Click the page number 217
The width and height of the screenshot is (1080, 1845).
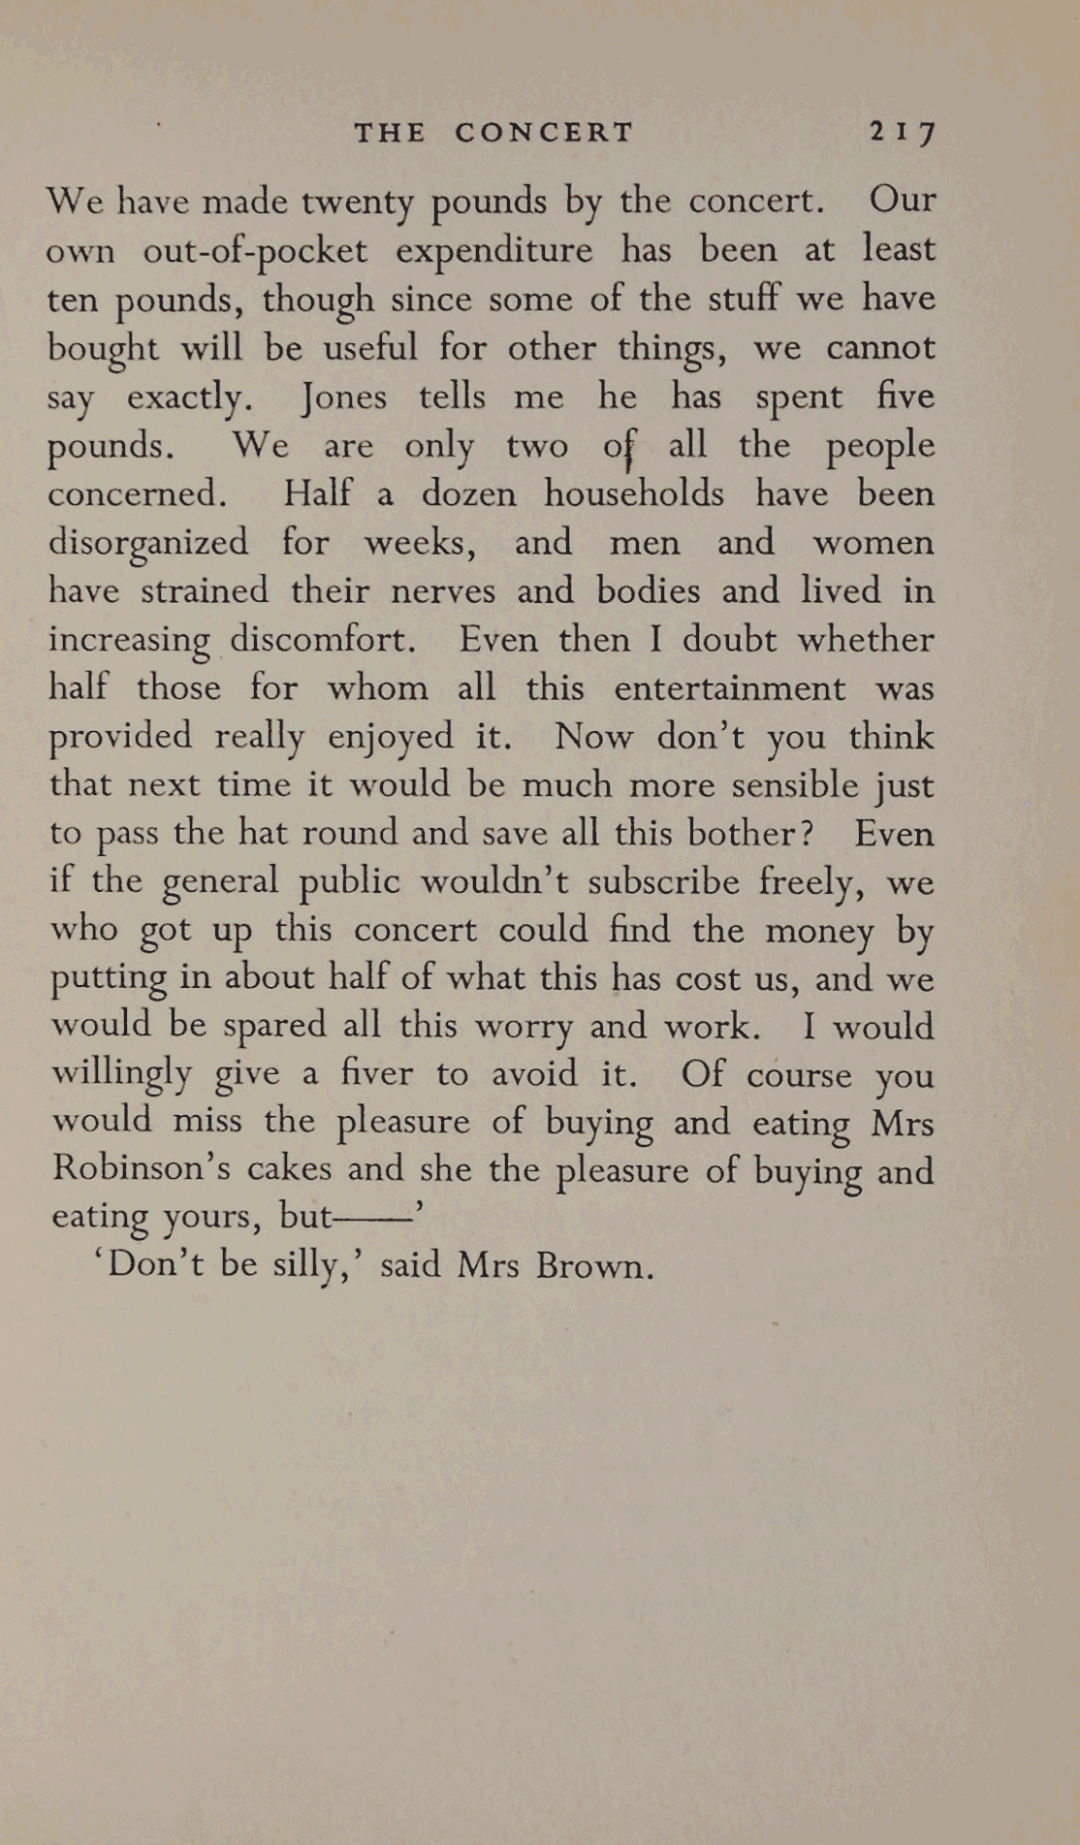[902, 132]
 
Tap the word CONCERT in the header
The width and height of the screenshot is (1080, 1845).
[544, 132]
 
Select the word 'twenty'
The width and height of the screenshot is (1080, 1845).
[358, 203]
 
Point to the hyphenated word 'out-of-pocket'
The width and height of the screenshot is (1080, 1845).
[255, 251]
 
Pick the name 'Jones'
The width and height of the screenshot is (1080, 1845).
[343, 397]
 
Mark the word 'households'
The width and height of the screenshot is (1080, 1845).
[633, 493]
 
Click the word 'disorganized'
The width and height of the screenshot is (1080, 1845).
[148, 543]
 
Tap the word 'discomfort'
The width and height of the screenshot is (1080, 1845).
[323, 640]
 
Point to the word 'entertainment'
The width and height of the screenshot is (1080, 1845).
[729, 688]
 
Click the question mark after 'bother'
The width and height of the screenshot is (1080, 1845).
[807, 834]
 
